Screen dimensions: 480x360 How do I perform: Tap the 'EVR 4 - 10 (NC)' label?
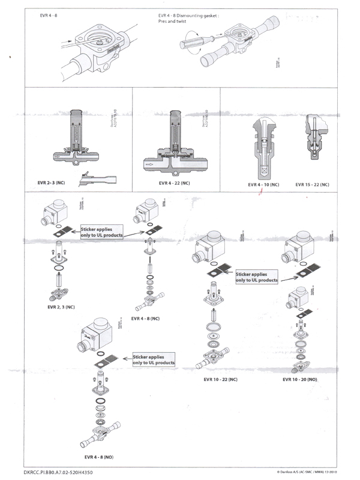pyautogui.click(x=263, y=185)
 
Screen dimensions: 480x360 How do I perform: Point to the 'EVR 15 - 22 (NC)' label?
pyautogui.click(x=313, y=185)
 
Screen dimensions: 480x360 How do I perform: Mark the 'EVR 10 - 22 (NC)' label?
pyautogui.click(x=217, y=379)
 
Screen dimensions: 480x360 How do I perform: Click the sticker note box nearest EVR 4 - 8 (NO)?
pyautogui.click(x=154, y=360)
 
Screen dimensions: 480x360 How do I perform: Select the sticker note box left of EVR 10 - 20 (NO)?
pyautogui.click(x=256, y=277)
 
